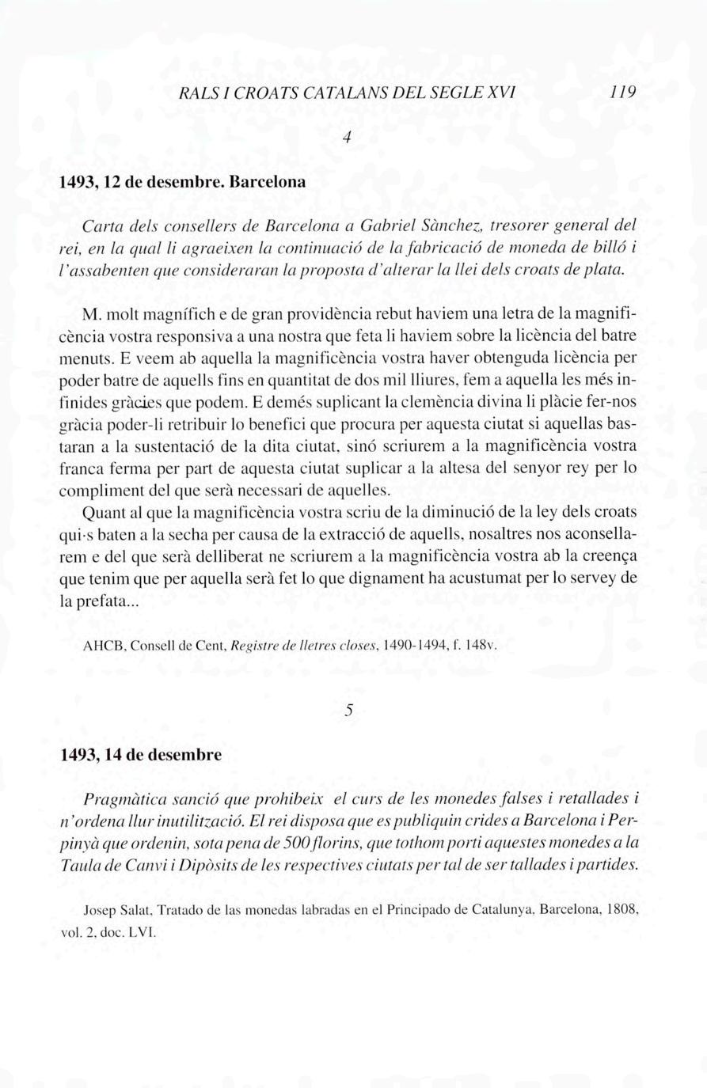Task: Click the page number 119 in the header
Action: pyautogui.click(x=625, y=91)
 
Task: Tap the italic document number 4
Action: pyautogui.click(x=347, y=137)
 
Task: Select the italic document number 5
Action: pyautogui.click(x=348, y=711)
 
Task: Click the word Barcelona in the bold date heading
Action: pyautogui.click(x=267, y=180)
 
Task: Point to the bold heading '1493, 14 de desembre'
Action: pyautogui.click(x=141, y=754)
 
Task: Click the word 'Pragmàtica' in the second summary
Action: pyautogui.click(x=122, y=798)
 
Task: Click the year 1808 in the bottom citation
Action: pyautogui.click(x=621, y=910)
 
